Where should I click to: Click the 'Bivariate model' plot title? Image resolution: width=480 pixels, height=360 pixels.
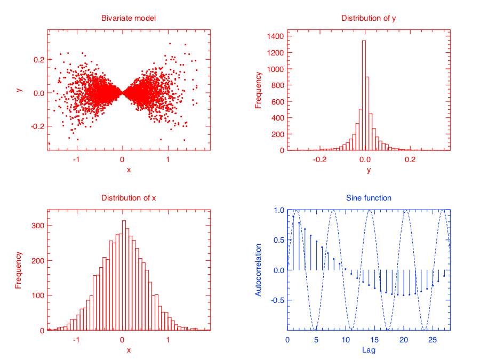129,19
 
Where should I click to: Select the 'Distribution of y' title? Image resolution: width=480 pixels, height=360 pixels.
368,19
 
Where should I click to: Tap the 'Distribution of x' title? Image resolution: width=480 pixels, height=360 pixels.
129,198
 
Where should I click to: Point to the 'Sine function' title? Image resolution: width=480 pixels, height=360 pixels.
369,198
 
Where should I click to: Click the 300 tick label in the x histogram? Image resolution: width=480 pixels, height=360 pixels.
36,226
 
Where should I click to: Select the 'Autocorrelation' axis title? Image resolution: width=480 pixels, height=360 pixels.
259,270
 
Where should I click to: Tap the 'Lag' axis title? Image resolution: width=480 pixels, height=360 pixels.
369,350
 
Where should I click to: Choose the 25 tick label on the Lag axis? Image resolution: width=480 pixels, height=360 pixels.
433,340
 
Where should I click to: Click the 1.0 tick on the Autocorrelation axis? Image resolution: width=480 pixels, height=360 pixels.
277,210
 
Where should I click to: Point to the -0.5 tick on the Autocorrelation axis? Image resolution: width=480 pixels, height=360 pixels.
276,300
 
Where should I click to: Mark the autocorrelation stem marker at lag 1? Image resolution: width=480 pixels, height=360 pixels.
293,216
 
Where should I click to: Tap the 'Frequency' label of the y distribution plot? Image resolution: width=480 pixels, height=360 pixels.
259,91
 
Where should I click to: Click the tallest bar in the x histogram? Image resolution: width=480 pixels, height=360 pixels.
124,275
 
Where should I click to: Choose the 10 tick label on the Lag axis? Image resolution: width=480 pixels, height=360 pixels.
346,340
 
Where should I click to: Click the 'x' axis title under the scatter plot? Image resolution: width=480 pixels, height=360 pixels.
129,170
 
